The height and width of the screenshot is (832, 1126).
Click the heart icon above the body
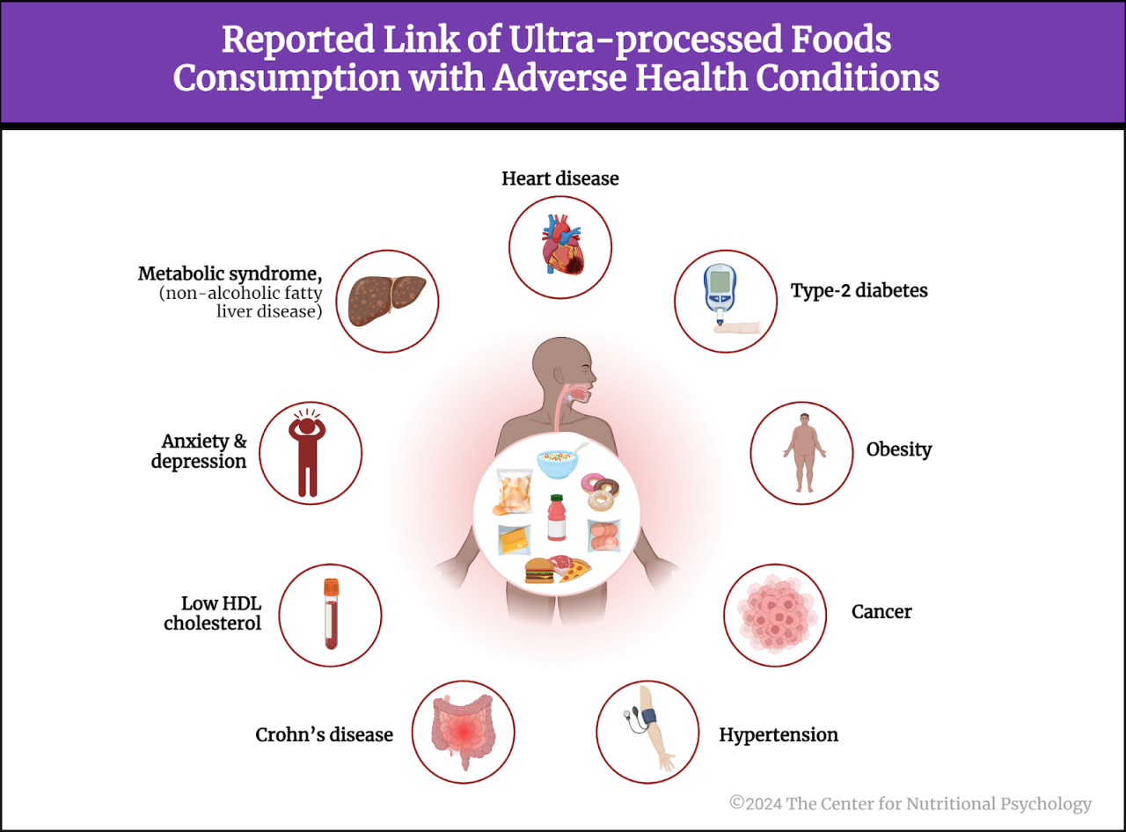[560, 247]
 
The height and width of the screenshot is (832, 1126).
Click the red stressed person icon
[307, 453]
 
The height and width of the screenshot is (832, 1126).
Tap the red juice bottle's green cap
[555, 499]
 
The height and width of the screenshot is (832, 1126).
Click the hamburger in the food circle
[539, 573]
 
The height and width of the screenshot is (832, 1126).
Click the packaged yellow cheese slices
[515, 539]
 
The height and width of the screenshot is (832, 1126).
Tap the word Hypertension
[779, 734]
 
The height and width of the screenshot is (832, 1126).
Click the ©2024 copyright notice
[910, 803]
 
